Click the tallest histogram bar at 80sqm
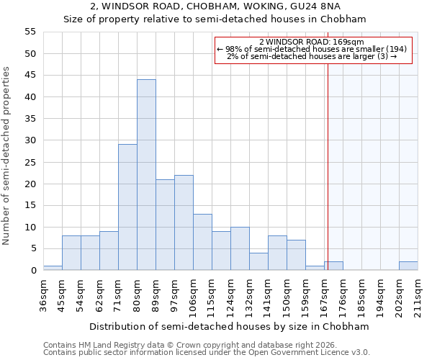coord(146,175)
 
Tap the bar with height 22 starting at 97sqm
coord(184,222)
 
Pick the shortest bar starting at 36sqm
coord(53,268)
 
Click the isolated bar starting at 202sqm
coord(408,266)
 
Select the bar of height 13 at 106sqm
coord(202,242)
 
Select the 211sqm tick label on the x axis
coord(418,295)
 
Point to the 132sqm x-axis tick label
coord(249,295)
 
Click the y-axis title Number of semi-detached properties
coord(6,156)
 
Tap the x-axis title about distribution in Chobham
coord(230,326)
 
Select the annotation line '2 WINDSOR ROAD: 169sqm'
coord(312,42)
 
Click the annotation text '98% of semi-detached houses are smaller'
coord(312,49)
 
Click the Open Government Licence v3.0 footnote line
coord(207,352)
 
